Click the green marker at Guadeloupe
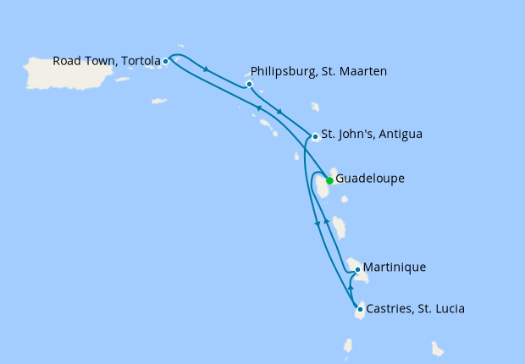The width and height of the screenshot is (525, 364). coord(329,180)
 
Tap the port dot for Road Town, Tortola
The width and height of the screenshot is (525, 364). coord(166,61)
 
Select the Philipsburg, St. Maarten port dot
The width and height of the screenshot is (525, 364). coord(249,84)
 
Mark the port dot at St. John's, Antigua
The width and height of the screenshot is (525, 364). coord(315,135)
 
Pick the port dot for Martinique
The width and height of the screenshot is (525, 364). coord(358,270)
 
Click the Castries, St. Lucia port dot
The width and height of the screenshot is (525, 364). coord(361,309)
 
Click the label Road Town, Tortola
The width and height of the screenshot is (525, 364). coord(106,61)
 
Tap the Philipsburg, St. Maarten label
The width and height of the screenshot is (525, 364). coord(319,72)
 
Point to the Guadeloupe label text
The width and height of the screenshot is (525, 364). coord(370,179)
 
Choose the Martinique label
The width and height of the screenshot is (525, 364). coord(395,267)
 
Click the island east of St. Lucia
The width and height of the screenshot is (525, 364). coord(438,348)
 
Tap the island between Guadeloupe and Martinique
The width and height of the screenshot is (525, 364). coord(340,227)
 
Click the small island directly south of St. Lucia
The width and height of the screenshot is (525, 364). coord(347,345)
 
